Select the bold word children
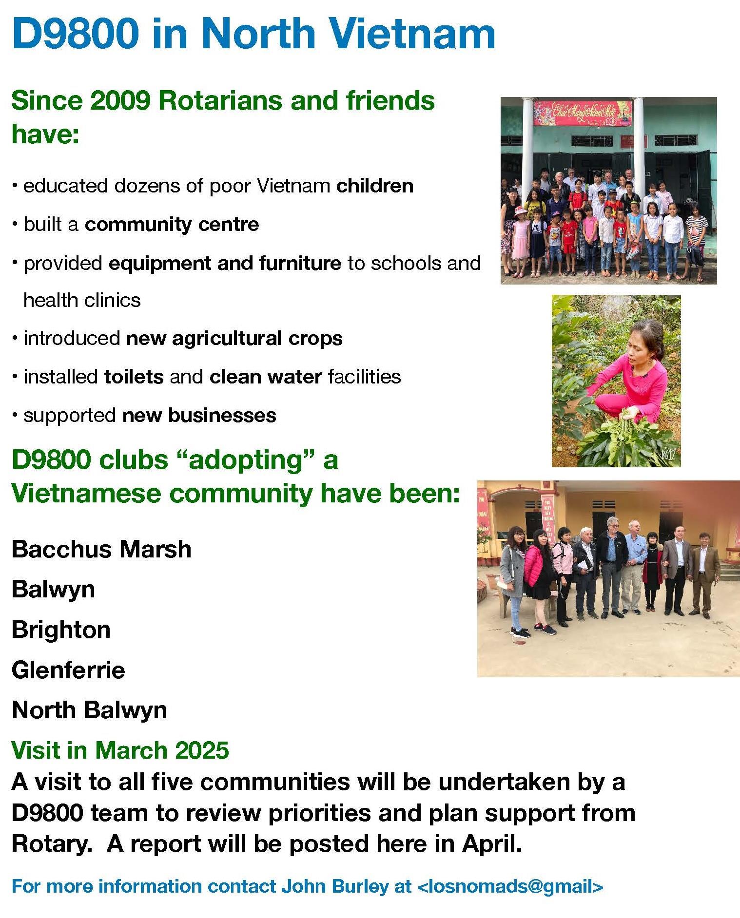pos(375,186)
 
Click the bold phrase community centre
pos(172,225)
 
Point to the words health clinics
pos(82,300)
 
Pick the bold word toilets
pos(134,377)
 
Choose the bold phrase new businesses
pos(199,415)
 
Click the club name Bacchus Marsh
pos(101,549)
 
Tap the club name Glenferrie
pos(68,670)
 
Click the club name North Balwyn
pos(89,710)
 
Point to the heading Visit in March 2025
pos(120,750)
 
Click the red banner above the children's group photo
pos(583,113)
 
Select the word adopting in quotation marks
pos(246,460)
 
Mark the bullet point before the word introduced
pos(15,337)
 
